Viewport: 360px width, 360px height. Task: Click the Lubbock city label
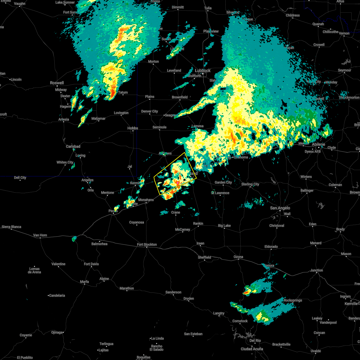203,70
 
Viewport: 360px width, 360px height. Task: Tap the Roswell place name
57,83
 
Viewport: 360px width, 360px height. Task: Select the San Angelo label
280,208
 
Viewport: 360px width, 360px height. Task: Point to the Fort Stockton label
147,244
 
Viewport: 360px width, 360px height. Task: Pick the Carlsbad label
73,146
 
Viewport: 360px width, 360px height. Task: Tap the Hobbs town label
133,128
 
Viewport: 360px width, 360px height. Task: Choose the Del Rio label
255,340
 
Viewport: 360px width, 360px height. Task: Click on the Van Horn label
40,235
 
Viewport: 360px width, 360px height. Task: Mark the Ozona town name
238,257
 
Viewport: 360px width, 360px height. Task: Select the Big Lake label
224,226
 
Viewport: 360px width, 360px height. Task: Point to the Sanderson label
173,292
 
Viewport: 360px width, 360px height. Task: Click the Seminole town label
159,127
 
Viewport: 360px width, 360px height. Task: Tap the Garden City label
223,182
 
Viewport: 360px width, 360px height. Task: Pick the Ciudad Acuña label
252,349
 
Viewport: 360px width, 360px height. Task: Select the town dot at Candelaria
49,295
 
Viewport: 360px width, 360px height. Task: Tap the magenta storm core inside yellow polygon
178,183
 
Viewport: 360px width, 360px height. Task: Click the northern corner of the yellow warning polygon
184,152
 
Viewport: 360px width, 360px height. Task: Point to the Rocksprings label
292,300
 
